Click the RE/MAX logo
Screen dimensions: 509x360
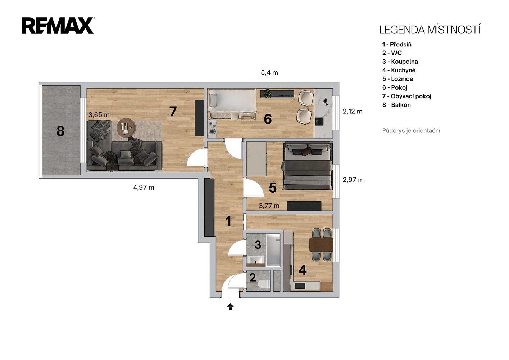58,26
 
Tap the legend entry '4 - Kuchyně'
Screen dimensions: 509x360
399,70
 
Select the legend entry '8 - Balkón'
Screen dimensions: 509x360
396,105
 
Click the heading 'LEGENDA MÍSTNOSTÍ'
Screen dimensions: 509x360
430,30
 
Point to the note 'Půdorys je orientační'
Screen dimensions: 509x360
411,131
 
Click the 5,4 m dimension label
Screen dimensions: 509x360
269,73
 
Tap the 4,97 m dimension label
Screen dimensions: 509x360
144,188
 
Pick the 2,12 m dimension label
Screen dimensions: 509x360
353,112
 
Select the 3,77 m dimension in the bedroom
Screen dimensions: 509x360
269,206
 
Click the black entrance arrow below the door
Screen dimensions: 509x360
230,307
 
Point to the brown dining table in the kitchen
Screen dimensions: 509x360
321,244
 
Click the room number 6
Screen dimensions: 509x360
268,119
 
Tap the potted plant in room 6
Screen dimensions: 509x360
268,93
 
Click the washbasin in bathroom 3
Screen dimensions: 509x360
256,260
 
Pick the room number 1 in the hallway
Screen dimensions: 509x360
228,221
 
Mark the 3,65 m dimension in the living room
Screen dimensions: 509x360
99,115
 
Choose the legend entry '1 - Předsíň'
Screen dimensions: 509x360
397,45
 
